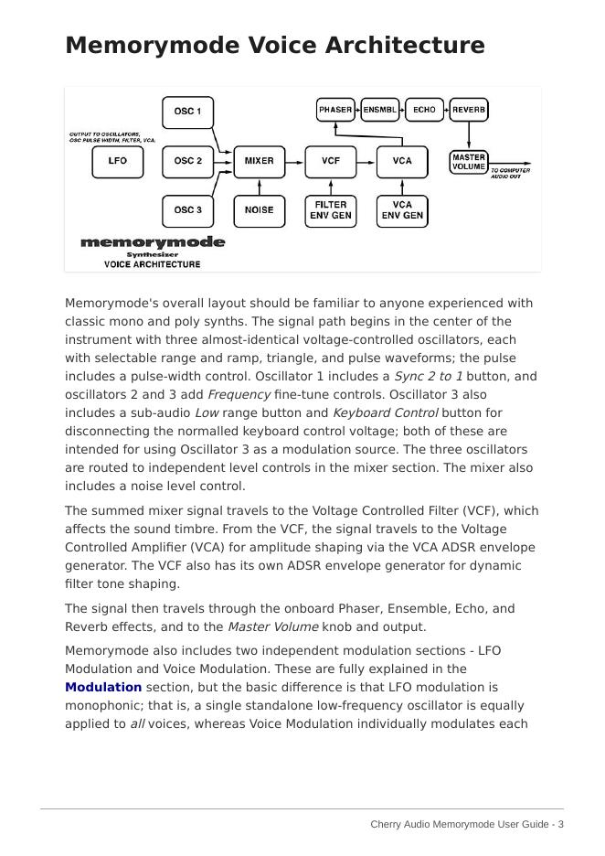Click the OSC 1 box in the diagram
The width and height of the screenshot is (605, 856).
click(187, 112)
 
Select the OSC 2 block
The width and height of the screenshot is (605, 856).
click(187, 161)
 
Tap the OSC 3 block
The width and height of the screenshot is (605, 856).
click(187, 210)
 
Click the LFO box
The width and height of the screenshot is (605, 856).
click(118, 161)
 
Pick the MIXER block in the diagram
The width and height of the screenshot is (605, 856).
click(259, 161)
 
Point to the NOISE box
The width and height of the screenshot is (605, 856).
click(259, 210)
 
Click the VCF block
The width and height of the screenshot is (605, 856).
click(330, 161)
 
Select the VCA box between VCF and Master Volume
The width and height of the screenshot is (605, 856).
click(402, 161)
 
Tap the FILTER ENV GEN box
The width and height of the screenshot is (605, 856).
click(330, 210)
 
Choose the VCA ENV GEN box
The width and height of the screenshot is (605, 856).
click(402, 210)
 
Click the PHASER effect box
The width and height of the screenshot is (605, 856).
click(335, 110)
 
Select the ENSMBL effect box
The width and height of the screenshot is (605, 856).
click(380, 110)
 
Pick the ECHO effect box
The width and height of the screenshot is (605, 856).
click(424, 110)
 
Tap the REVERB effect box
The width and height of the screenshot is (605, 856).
click(469, 110)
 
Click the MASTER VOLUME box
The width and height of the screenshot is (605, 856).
click(469, 162)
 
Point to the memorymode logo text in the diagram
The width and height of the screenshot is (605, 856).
click(153, 242)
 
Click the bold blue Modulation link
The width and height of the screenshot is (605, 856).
click(103, 687)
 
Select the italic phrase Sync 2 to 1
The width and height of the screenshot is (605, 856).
click(428, 376)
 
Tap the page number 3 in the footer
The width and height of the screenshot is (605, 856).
click(560, 824)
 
